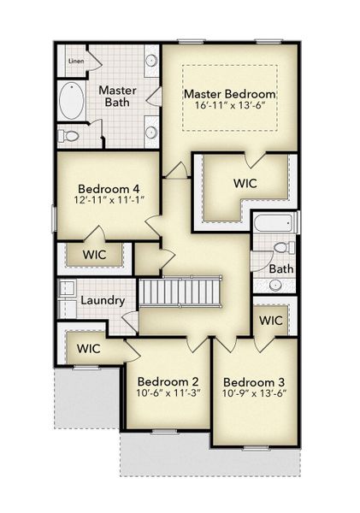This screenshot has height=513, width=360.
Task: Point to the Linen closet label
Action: pyautogui.click(x=76, y=62)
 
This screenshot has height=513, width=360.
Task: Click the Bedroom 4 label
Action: pyautogui.click(x=103, y=188)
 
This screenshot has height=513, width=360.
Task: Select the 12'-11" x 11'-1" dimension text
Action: pyautogui.click(x=103, y=201)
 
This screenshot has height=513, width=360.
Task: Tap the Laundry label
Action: pyautogui.click(x=103, y=301)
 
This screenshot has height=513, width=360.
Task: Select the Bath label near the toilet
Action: pyautogui.click(x=280, y=268)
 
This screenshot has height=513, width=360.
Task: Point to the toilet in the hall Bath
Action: pyautogui.click(x=280, y=249)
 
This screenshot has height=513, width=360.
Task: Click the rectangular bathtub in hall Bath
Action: pyautogui.click(x=272, y=224)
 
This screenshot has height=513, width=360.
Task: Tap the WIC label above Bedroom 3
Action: pyautogui.click(x=271, y=321)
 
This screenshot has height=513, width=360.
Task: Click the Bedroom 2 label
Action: pyautogui.click(x=168, y=381)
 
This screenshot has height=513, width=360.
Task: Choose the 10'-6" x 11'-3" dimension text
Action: pyautogui.click(x=168, y=394)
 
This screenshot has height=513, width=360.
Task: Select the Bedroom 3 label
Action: pyautogui.click(x=254, y=381)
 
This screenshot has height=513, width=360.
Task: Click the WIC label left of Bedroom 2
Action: pyautogui.click(x=90, y=348)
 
